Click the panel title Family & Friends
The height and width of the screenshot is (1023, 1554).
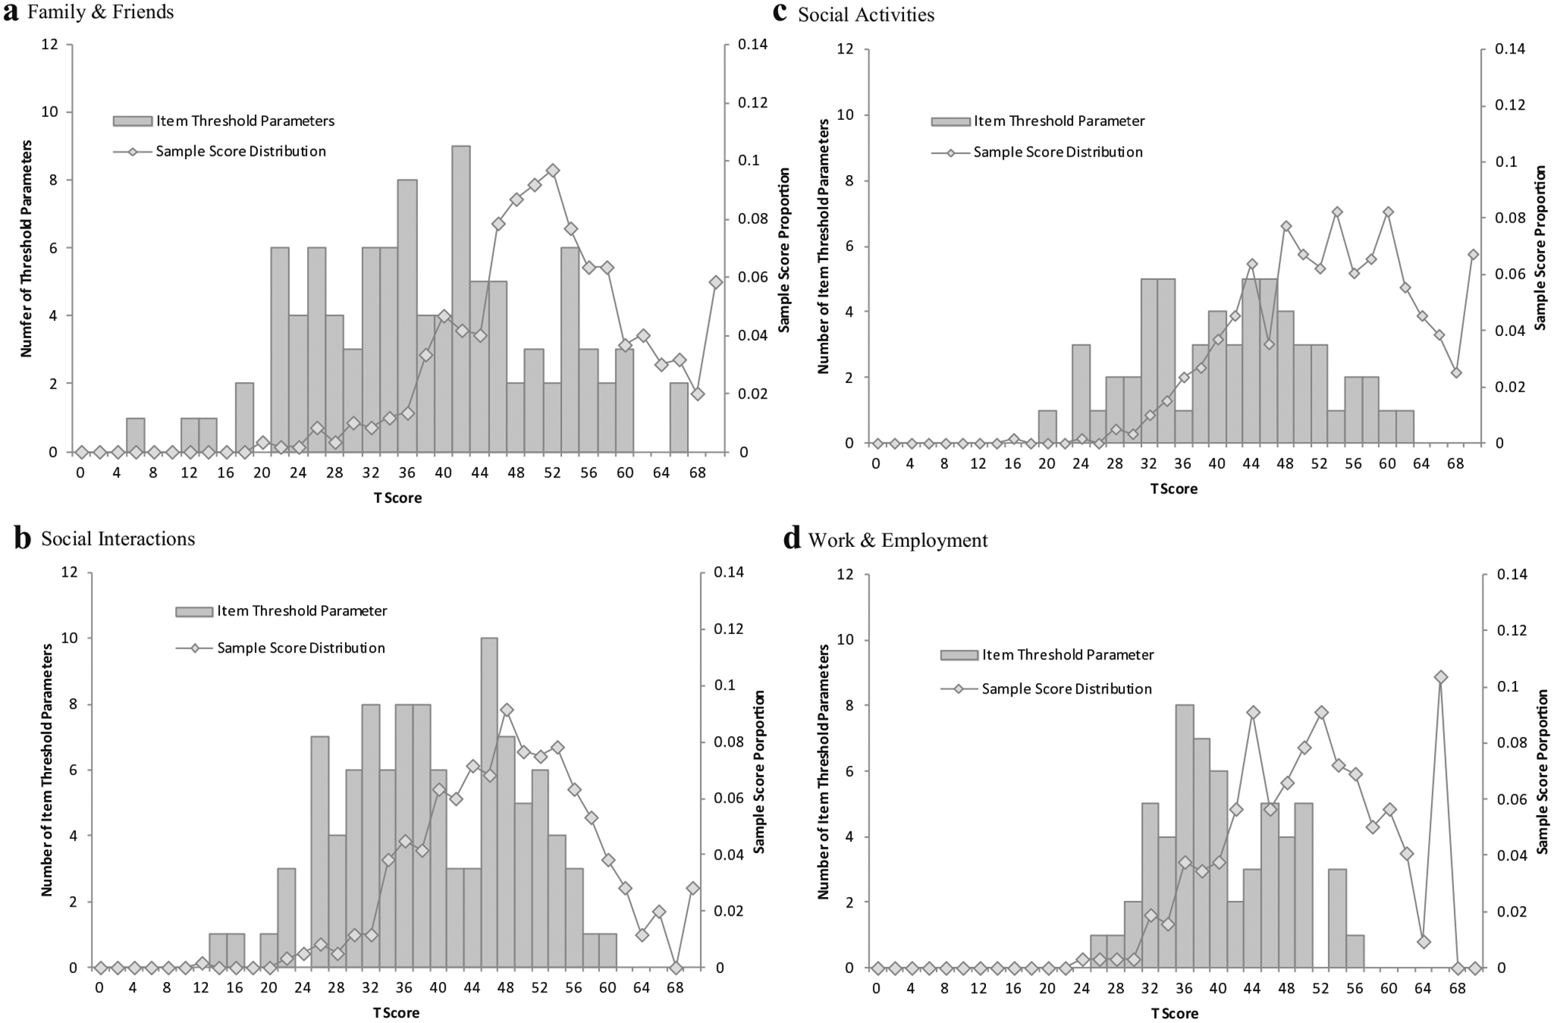click(x=101, y=13)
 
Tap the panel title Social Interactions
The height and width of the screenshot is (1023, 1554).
click(x=118, y=539)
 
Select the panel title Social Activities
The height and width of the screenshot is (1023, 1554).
click(x=865, y=15)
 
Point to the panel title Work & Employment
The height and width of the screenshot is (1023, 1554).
click(x=897, y=540)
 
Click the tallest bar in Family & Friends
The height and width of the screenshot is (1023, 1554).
click(x=461, y=298)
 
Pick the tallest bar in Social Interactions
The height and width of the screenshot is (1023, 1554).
click(x=489, y=802)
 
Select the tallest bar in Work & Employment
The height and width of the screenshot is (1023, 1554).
click(x=1184, y=836)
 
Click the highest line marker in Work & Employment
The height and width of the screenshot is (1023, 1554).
click(x=1441, y=677)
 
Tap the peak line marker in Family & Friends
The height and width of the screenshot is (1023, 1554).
click(x=552, y=170)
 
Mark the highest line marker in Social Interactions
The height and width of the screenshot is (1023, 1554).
click(x=507, y=710)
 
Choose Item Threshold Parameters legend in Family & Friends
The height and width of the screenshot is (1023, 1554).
click(x=244, y=121)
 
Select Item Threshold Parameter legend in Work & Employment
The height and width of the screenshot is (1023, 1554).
click(x=1067, y=655)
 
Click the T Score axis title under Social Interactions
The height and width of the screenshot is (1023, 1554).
click(x=396, y=1013)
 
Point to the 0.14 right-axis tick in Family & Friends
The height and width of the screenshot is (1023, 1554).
click(x=752, y=45)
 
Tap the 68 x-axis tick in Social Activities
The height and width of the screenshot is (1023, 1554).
click(x=1456, y=463)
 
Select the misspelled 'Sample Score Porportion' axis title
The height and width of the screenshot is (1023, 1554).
click(x=759, y=771)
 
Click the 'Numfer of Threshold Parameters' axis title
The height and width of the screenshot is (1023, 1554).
click(x=27, y=248)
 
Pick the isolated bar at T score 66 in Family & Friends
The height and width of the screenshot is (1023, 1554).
click(x=678, y=417)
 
